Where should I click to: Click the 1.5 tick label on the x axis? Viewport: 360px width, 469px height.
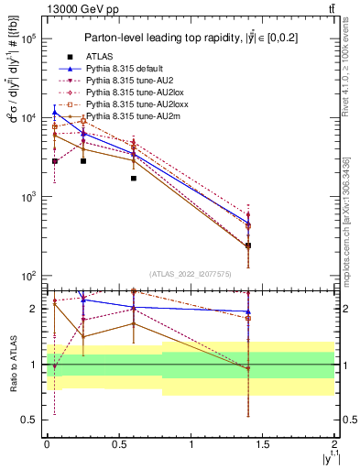(264, 443)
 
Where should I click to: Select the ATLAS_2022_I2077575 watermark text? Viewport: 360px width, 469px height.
(191, 273)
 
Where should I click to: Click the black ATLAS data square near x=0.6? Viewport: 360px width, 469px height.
(134, 178)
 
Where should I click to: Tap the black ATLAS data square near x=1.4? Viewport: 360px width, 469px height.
(248, 245)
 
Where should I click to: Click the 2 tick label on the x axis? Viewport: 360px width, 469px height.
(335, 443)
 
